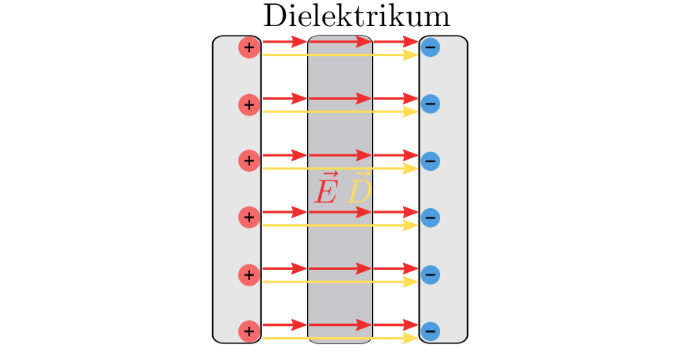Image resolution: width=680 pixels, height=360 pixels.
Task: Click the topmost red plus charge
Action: point(249,47)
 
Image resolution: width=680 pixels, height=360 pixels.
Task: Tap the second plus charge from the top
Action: point(249,104)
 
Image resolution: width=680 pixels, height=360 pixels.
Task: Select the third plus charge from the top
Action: point(249,161)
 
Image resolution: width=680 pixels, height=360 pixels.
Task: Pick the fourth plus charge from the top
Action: point(249,217)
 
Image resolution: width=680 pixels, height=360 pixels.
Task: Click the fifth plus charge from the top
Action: point(249,275)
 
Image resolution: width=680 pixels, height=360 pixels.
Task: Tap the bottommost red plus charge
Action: point(249,331)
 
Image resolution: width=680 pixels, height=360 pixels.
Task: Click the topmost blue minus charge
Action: point(430,47)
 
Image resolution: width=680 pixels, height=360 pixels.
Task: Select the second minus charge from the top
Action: point(430,104)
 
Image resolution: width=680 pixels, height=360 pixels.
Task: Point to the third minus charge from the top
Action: point(430,161)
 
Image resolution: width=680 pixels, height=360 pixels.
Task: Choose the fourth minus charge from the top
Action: point(430,218)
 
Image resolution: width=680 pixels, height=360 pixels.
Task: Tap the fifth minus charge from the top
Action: point(430,275)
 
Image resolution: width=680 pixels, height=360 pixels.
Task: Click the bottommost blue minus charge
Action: point(430,331)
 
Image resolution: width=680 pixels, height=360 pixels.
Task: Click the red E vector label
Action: point(326,189)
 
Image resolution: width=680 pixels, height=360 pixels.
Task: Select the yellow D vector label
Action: point(360,189)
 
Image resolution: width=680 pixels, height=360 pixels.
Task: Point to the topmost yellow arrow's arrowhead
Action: point(410,55)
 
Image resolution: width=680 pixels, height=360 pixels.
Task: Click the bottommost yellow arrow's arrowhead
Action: point(410,339)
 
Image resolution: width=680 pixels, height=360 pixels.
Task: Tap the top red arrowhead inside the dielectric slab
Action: point(363,41)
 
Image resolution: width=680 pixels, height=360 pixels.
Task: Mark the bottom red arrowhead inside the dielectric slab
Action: point(363,324)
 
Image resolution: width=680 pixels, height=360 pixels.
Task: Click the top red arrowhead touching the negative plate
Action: point(411,41)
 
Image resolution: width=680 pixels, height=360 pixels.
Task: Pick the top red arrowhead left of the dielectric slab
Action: point(299,41)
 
